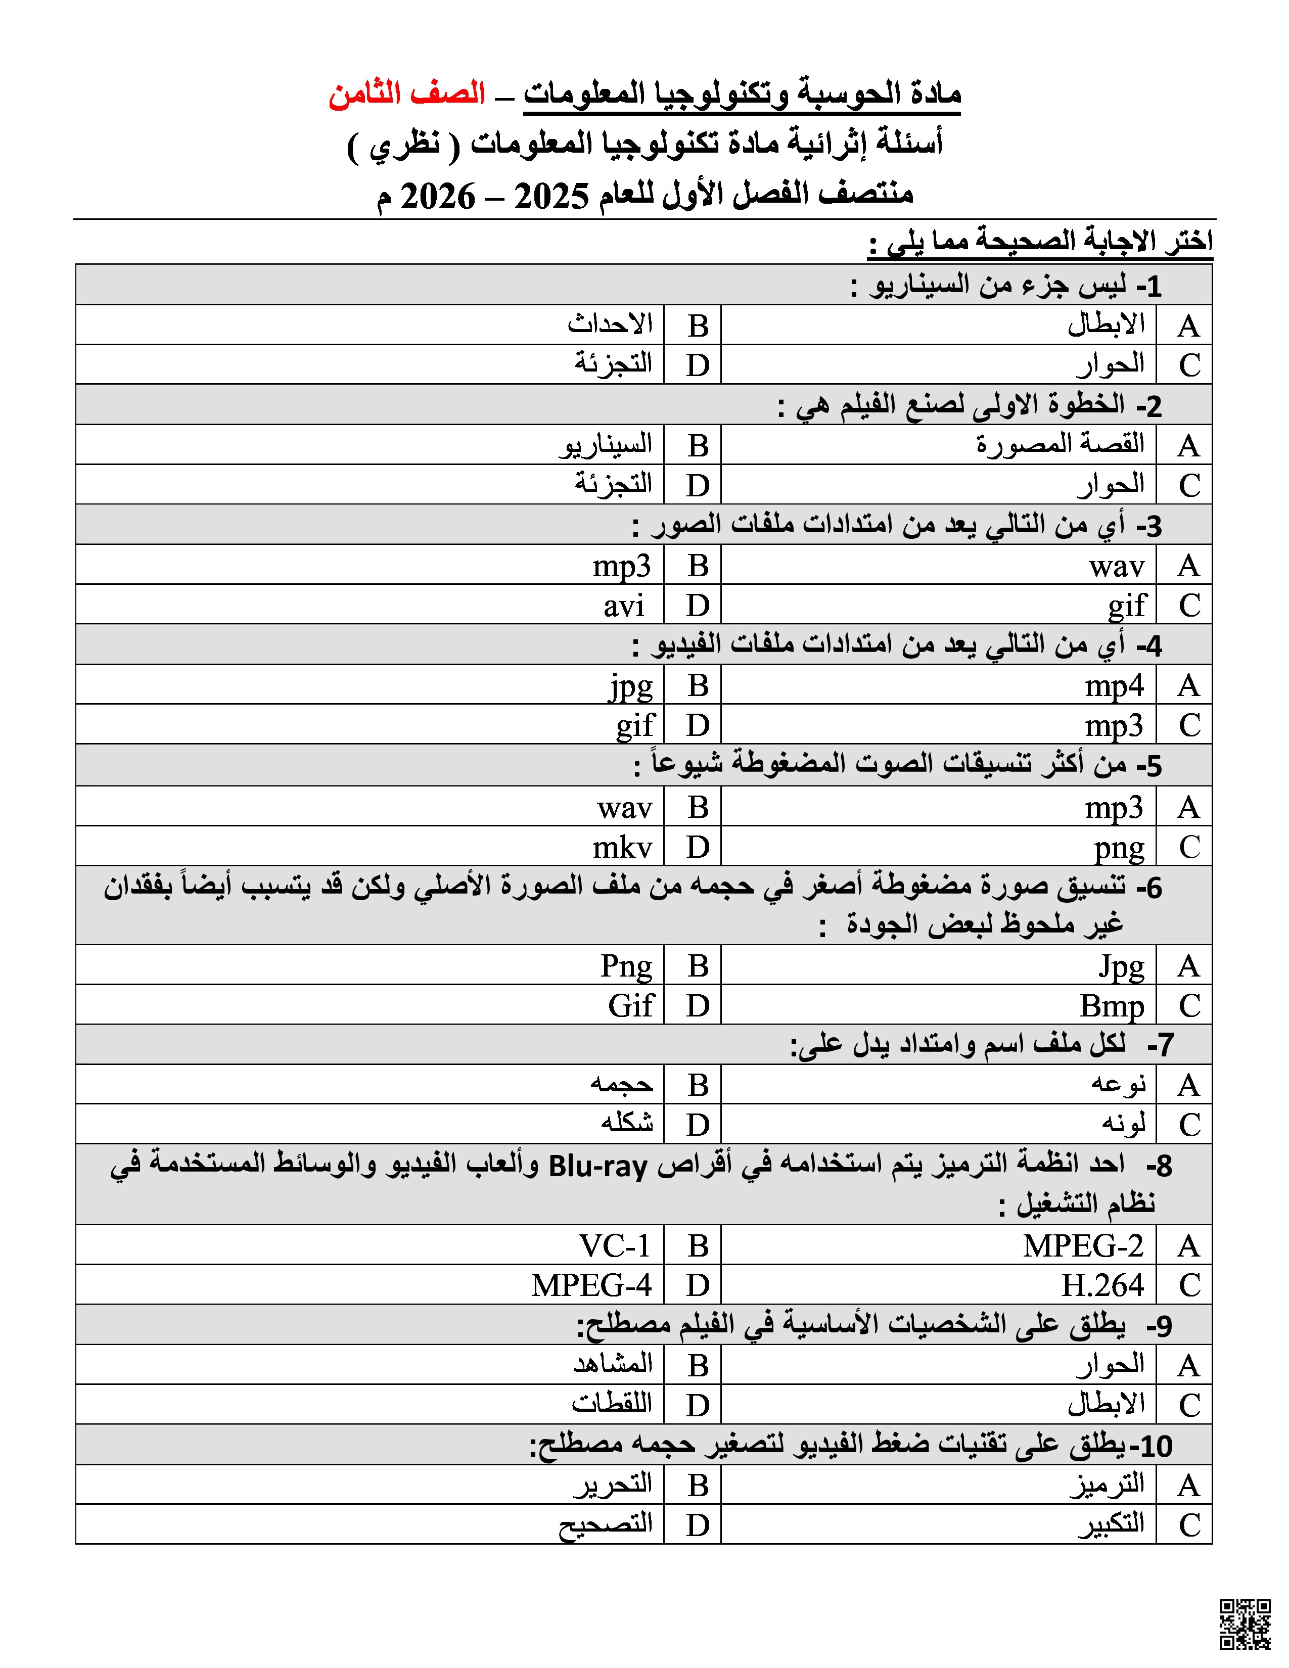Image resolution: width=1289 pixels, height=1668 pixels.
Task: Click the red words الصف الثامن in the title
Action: pyautogui.click(x=407, y=94)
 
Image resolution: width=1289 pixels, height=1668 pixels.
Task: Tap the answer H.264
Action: pyautogui.click(x=1102, y=1285)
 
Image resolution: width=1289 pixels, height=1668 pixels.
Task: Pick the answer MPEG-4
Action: pyautogui.click(x=592, y=1285)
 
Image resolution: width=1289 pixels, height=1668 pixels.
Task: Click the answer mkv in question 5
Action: pyautogui.click(x=622, y=847)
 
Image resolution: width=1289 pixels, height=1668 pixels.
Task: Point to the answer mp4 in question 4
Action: pyautogui.click(x=1114, y=686)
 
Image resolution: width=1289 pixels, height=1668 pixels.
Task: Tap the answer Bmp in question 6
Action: pyautogui.click(x=1112, y=1006)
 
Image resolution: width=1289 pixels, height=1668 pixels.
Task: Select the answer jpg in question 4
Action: pyautogui.click(x=631, y=686)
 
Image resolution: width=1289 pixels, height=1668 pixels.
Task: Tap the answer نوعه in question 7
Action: pyautogui.click(x=1119, y=1085)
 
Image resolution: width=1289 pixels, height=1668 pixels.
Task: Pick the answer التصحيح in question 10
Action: pyautogui.click(x=606, y=1525)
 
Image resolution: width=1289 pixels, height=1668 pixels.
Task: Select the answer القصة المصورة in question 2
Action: pyautogui.click(x=1061, y=444)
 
